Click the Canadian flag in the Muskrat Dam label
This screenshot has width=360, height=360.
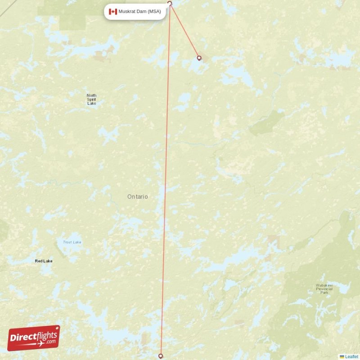[113, 12]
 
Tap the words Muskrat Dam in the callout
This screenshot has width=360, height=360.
[133, 12]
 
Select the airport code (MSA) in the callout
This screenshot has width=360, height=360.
[154, 12]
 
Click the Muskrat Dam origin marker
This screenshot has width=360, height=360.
[170, 4]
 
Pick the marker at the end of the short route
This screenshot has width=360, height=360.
[199, 58]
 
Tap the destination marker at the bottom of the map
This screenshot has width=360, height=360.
[161, 356]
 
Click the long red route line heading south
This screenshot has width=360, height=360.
[166, 180]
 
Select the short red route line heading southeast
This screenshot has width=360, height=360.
[184, 31]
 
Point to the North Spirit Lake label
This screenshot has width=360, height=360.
[91, 99]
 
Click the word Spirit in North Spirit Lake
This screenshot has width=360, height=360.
[91, 99]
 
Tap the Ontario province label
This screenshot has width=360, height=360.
[137, 197]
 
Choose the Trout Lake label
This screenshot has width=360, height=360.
[72, 243]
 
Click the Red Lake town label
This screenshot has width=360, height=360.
[44, 261]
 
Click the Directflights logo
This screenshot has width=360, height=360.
[34, 337]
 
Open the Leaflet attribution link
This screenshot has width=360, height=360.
[352, 356]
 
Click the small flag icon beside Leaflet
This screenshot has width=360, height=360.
[342, 356]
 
